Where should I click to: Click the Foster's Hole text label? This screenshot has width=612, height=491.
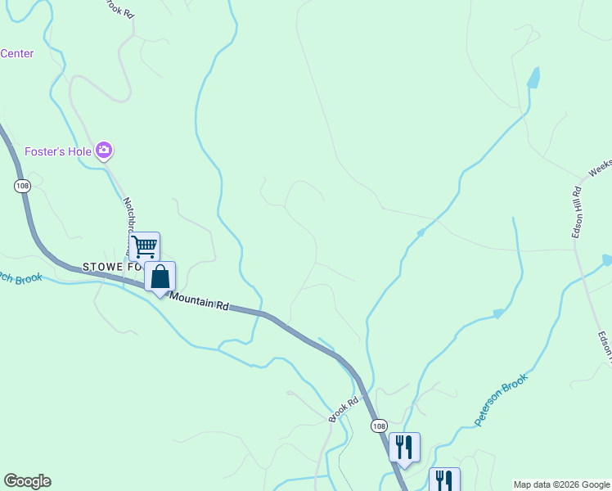(x=58, y=151)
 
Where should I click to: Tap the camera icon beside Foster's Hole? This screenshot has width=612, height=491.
(x=104, y=150)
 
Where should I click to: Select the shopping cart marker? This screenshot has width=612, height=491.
(x=144, y=245)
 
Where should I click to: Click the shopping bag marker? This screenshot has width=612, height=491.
(x=160, y=276)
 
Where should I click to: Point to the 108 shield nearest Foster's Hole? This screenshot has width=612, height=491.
(x=22, y=186)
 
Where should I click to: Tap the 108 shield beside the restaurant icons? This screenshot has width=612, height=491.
(x=378, y=426)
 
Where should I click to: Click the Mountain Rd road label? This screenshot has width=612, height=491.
(x=200, y=302)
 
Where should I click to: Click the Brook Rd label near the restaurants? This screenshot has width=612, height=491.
(x=344, y=409)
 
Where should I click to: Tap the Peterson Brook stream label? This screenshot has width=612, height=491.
(x=502, y=399)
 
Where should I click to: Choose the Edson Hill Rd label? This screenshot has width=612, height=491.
(x=577, y=213)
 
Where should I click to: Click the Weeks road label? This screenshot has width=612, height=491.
(x=600, y=168)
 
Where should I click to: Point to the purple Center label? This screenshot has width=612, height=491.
(x=17, y=54)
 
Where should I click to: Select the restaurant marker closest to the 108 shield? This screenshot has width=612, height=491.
(x=404, y=447)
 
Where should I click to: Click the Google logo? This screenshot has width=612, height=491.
(x=27, y=481)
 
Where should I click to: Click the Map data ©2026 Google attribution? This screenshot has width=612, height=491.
(x=561, y=484)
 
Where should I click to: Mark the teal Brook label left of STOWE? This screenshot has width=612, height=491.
(x=20, y=278)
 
